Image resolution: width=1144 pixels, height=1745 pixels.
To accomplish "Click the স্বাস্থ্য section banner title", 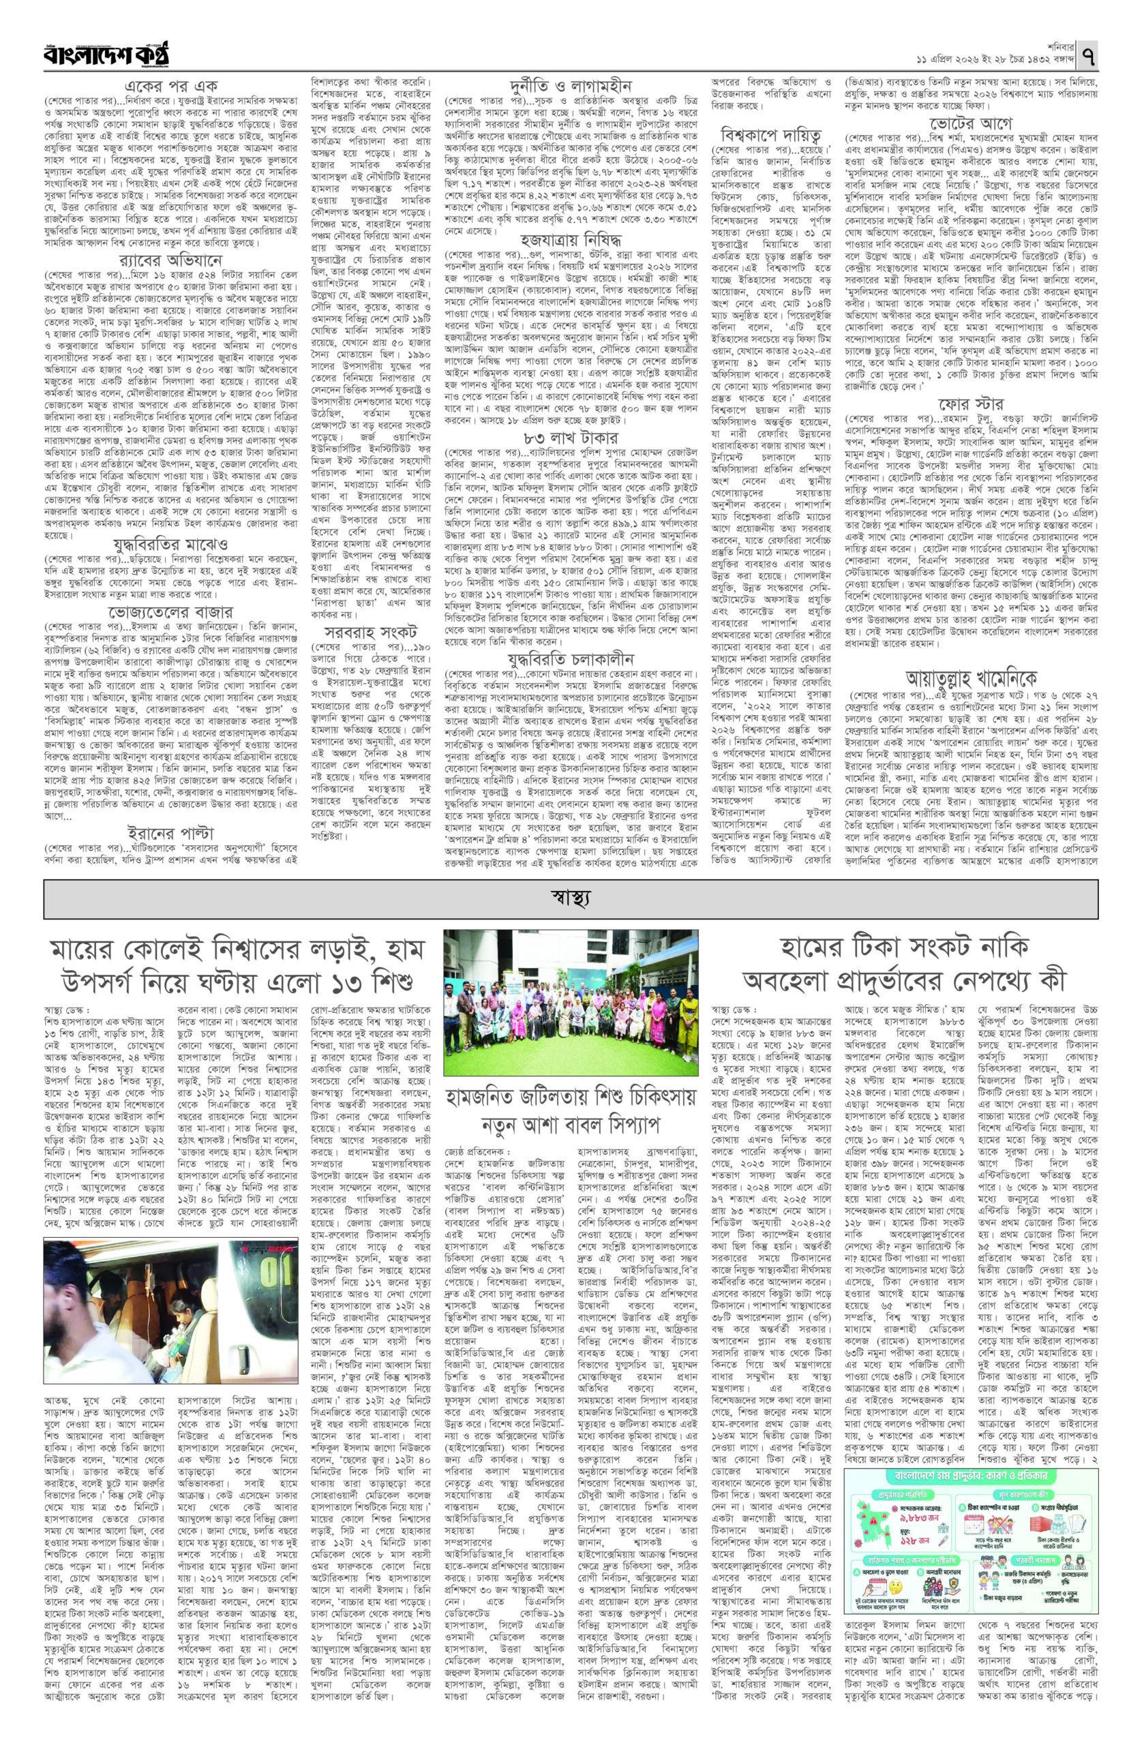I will click(x=571, y=896).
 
